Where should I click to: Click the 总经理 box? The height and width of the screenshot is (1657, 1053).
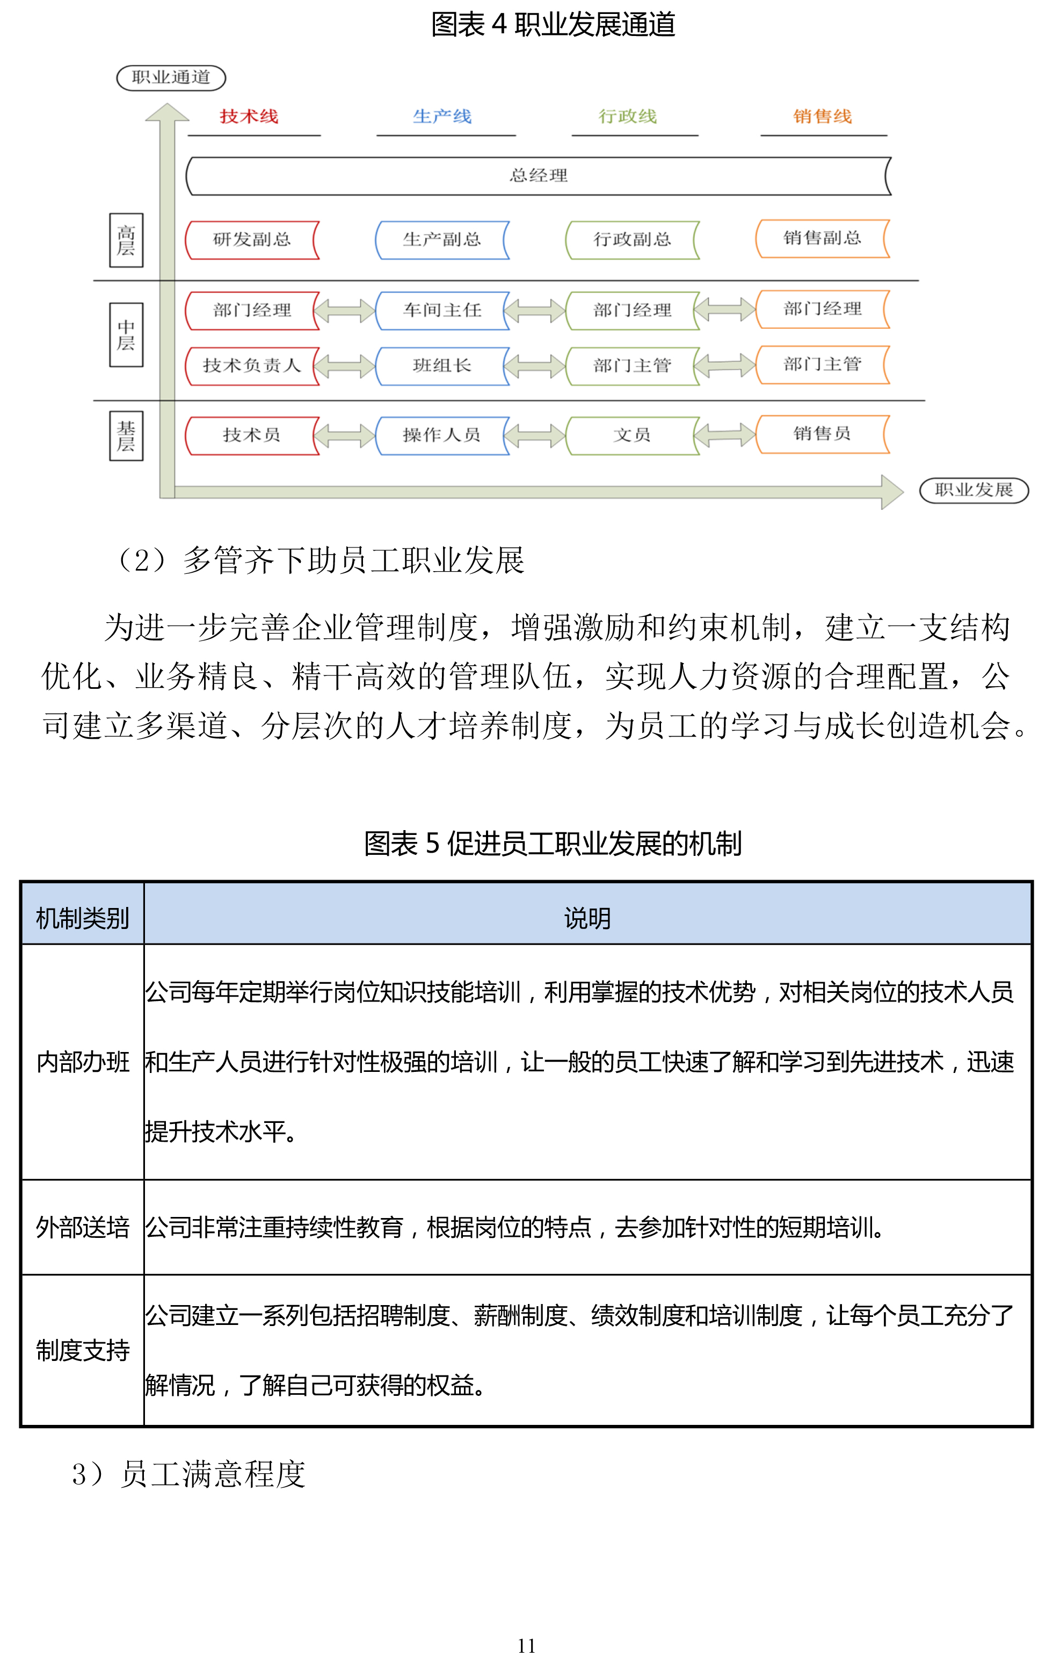coord(539,176)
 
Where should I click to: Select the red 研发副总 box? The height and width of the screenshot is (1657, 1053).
coord(252,240)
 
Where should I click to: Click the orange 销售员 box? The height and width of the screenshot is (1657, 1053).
coord(822,434)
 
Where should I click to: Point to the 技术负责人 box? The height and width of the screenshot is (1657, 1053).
coord(252,366)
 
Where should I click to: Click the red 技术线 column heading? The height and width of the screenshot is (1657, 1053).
coord(249,116)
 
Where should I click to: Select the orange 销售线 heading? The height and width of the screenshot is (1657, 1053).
coord(822,116)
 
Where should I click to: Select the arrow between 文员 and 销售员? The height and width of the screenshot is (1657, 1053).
coord(727,435)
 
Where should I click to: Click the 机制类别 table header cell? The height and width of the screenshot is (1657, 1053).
coord(83,918)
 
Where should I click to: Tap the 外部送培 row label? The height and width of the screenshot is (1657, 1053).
coord(83,1227)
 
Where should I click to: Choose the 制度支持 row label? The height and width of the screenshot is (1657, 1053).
coord(83,1350)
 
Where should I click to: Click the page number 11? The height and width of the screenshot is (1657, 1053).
coord(526,1645)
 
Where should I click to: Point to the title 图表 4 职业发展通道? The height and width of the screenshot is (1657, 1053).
coord(553,25)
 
